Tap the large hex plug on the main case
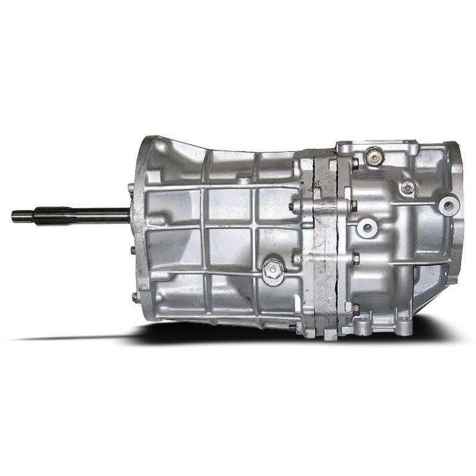[x=272, y=268]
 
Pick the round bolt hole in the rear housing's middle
[x=366, y=227]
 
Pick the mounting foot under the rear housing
[x=403, y=319]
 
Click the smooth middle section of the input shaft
[x=93, y=214]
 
